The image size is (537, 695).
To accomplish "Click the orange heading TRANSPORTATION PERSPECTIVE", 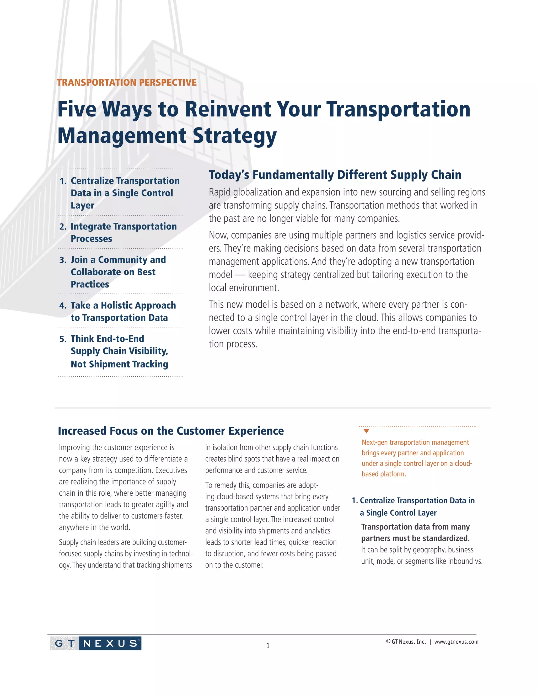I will point(127,82).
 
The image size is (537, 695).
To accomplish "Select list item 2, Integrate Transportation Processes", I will point(123,232).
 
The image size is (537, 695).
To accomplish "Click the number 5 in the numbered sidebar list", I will point(63,339).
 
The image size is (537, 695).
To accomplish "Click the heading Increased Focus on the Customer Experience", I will point(171,431).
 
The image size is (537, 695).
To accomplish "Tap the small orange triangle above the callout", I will point(366,431).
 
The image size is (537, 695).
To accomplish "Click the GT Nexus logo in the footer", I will point(95,643).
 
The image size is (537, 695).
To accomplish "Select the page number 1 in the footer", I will point(268,646).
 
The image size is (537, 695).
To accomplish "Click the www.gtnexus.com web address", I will point(456,641).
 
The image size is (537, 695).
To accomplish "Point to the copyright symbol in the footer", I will point(388,641).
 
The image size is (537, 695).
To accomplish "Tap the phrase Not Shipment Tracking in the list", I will point(119,364).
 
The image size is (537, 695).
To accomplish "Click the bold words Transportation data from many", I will point(415,527).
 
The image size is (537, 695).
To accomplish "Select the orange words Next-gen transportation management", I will point(415,442).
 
